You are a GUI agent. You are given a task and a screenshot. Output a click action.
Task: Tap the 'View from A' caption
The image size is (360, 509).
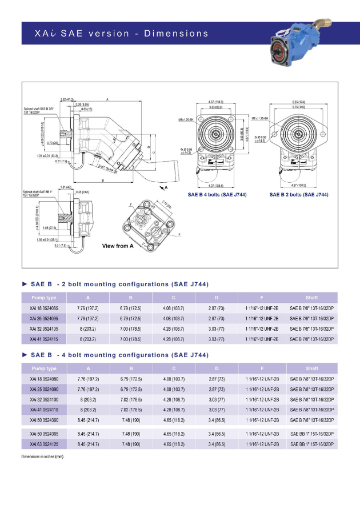[x=118, y=246]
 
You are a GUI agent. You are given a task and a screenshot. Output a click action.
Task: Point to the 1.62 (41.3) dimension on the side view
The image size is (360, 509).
[x=67, y=99]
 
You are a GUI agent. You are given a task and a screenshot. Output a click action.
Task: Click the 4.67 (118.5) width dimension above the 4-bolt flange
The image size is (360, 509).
[x=215, y=102]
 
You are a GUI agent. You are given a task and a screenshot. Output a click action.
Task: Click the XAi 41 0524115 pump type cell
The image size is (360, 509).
[x=44, y=339]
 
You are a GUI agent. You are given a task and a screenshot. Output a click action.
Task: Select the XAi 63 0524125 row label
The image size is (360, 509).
[x=44, y=444]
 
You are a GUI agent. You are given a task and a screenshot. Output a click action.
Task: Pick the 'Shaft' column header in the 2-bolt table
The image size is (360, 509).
[x=311, y=298]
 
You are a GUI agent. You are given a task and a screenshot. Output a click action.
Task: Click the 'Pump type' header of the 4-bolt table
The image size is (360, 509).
[x=44, y=368]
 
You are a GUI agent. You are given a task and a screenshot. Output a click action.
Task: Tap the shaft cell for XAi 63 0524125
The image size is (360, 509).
[x=311, y=444]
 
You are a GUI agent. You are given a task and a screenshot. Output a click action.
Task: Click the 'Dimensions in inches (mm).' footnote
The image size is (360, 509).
[x=43, y=456]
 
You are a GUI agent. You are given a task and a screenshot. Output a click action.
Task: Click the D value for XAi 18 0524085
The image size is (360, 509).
[x=216, y=308]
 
